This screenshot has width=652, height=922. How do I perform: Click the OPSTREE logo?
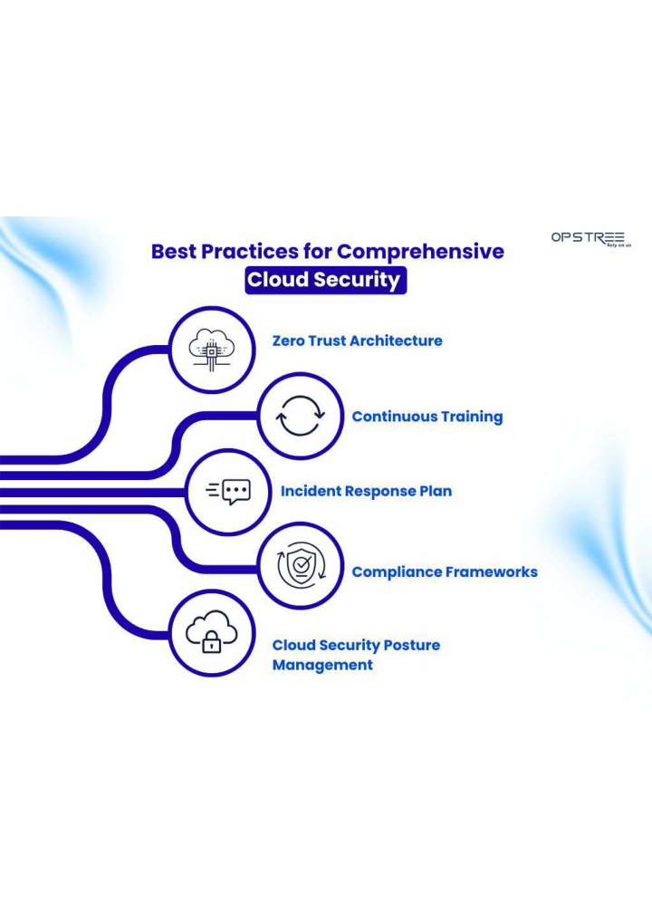coord(590,239)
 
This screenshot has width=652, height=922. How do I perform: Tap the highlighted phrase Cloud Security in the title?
coord(325,280)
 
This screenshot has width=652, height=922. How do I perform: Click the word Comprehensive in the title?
coord(420,251)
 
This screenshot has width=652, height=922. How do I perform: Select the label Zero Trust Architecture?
coord(357,341)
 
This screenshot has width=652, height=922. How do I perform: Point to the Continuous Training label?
coord(427,417)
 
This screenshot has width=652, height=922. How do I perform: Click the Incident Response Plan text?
coord(366,492)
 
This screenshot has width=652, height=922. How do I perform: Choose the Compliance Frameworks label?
coord(445,572)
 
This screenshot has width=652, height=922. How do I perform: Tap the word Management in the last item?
coord(322,665)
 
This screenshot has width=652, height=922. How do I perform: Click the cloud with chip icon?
coord(212,350)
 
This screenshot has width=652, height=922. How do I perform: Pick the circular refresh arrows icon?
coord(301,416)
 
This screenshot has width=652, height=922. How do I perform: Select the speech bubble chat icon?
coord(228,492)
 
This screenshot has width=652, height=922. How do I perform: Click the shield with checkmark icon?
coord(301,566)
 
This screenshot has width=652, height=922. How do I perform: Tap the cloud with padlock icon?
coord(212,632)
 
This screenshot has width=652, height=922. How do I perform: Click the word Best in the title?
coord(174,251)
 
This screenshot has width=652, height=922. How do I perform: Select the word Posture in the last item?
coord(411,645)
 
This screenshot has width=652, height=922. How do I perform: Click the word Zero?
coord(288,341)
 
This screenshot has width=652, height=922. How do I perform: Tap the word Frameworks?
coord(491,572)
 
